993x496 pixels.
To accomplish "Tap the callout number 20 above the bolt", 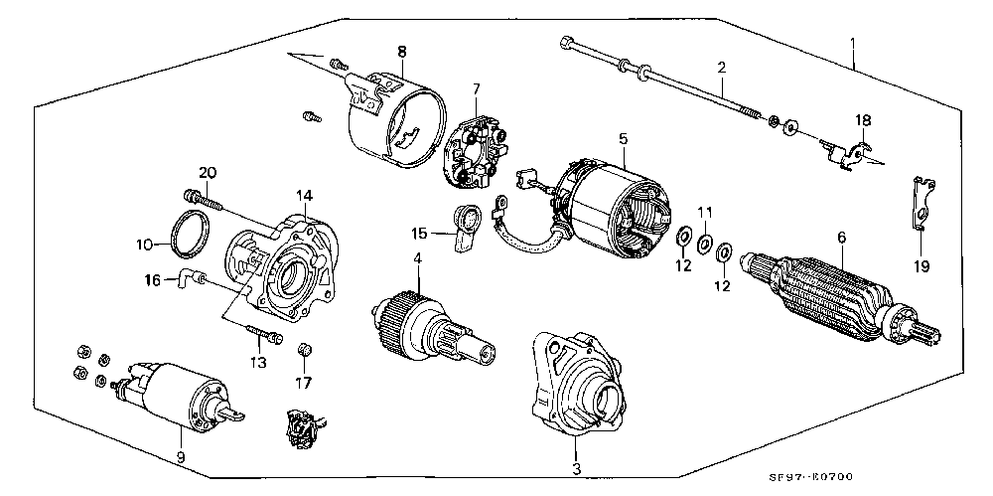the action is tap(208, 173).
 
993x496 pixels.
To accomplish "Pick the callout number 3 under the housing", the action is tap(576, 470).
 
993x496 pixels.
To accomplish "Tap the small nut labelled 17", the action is tap(304, 350).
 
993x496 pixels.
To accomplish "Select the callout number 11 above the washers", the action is tap(705, 212).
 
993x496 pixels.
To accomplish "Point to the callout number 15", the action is tap(419, 234).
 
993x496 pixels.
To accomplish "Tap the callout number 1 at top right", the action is tap(853, 44).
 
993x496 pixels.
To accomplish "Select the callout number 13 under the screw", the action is tap(258, 363).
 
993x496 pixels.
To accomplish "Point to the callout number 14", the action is tap(305, 196).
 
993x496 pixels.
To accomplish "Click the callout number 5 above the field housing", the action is tap(624, 138).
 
